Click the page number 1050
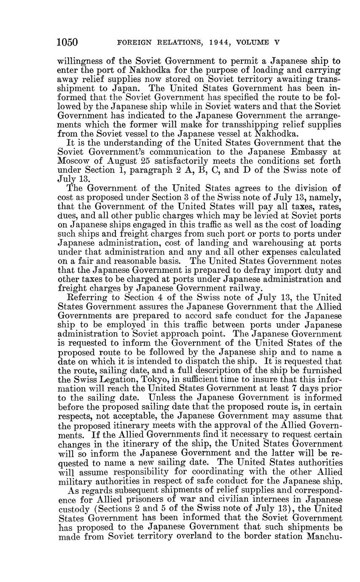pyautogui.click(x=67, y=43)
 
